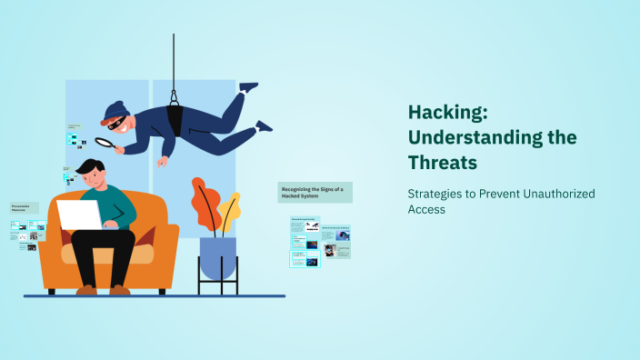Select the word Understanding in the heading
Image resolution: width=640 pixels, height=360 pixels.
click(x=492, y=138)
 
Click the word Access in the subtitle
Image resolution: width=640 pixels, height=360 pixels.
click(x=426, y=209)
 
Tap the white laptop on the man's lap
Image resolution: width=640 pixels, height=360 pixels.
click(x=80, y=215)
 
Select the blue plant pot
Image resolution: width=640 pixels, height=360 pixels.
click(x=218, y=256)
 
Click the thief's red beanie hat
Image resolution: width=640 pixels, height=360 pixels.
click(x=114, y=110)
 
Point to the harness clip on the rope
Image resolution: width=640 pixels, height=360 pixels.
click(x=174, y=96)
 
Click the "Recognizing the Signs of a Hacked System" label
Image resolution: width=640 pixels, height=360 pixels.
click(x=315, y=191)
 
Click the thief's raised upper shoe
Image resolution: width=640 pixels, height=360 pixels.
click(x=248, y=87)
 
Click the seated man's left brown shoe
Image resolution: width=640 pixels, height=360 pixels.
click(x=87, y=289)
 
